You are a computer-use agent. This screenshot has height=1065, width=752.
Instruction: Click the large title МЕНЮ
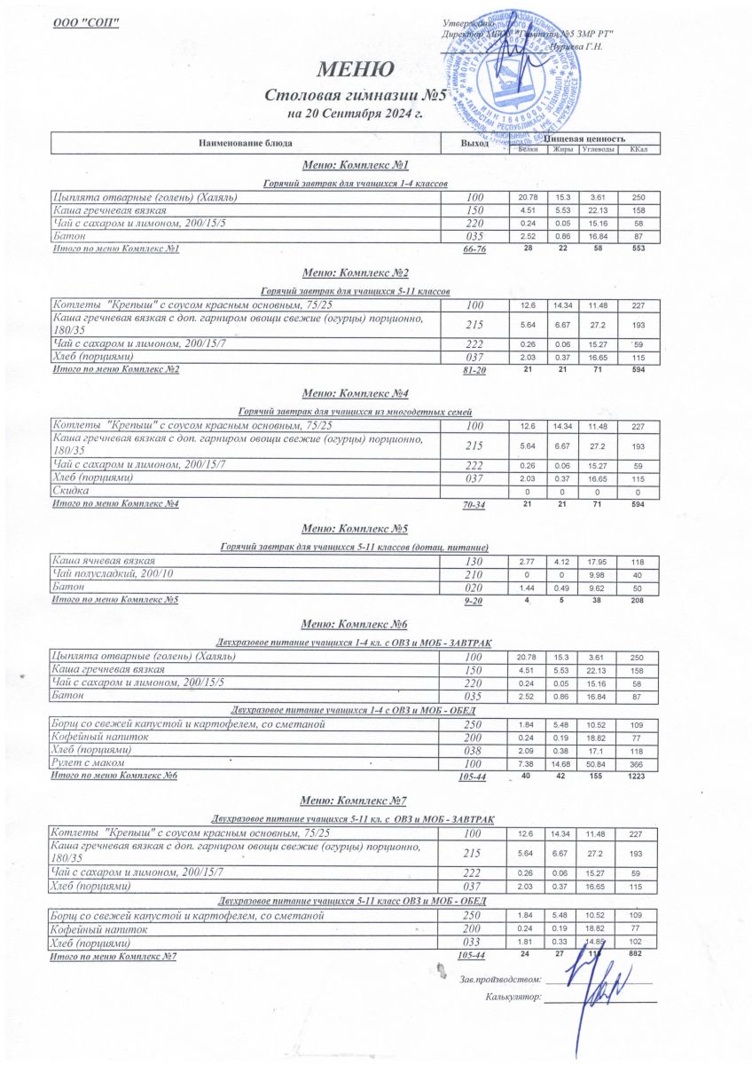tap(355, 70)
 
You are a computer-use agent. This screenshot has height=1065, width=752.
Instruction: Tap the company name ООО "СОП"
tap(86, 22)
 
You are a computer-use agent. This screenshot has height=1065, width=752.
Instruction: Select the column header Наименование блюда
tap(245, 143)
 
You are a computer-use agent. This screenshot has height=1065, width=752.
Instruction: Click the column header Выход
tap(475, 143)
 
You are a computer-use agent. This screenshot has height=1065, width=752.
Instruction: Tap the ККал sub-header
tap(638, 148)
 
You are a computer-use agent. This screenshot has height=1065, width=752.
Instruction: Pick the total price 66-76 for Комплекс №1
tap(475, 249)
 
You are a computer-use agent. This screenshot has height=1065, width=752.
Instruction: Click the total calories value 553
tap(638, 248)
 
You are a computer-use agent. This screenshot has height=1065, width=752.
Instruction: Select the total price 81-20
tap(475, 370)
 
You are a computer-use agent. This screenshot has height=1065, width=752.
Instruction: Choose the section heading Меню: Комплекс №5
tap(355, 530)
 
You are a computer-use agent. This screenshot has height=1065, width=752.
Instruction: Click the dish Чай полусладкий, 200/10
tap(113, 574)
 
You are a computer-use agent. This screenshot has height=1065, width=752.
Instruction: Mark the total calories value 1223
tap(638, 777)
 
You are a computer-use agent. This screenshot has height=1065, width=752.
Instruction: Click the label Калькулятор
tap(513, 998)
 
